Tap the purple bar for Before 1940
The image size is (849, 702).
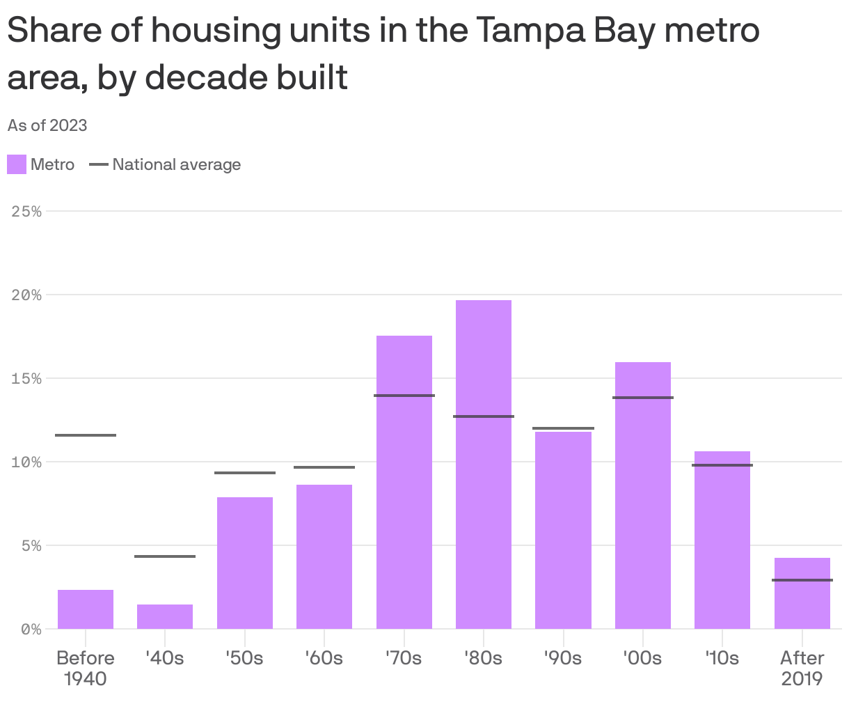pyautogui.click(x=86, y=609)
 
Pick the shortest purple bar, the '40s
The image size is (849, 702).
pyautogui.click(x=165, y=616)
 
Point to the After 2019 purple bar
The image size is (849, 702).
pyautogui.click(x=802, y=593)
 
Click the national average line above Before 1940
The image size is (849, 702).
pyautogui.click(x=86, y=435)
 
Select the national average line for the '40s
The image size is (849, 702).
pyautogui.click(x=165, y=556)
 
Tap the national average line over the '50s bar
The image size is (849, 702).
pyautogui.click(x=245, y=473)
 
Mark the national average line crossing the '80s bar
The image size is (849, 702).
pyautogui.click(x=484, y=416)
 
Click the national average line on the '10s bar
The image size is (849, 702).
pyautogui.click(x=722, y=465)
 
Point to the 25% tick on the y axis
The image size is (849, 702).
pyautogui.click(x=27, y=211)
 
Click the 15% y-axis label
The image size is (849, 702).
pyautogui.click(x=27, y=378)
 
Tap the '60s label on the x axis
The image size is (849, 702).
pyautogui.click(x=324, y=657)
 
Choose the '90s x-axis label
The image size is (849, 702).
pyautogui.click(x=563, y=657)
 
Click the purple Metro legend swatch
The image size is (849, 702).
pyautogui.click(x=17, y=164)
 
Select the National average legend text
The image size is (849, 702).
pyautogui.click(x=176, y=164)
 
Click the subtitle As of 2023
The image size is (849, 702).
pyautogui.click(x=47, y=125)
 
